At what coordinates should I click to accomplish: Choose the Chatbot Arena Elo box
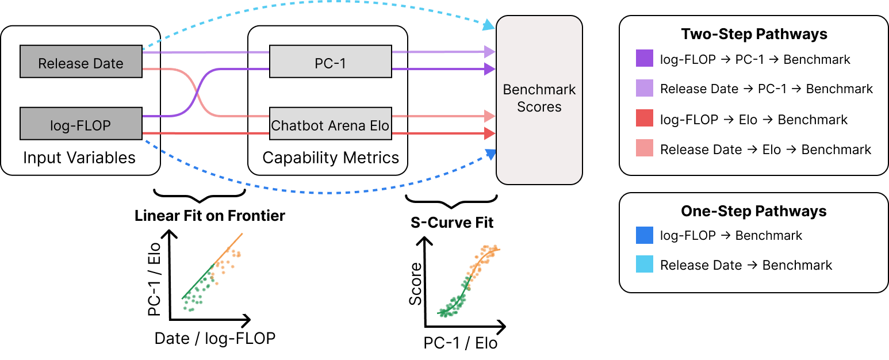pos(331,124)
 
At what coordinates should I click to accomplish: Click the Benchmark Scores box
pos(539,99)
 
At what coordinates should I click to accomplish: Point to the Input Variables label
pos(79,158)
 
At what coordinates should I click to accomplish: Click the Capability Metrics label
pos(331,158)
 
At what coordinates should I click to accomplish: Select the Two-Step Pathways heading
pos(754,34)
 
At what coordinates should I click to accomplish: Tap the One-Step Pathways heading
pos(754,211)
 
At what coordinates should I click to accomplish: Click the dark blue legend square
pos(645,235)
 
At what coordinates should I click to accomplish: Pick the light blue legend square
pos(645,265)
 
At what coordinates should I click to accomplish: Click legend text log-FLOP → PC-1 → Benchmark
pos(755,59)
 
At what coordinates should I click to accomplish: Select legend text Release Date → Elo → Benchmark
pos(765,150)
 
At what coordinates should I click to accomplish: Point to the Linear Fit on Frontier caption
pos(209,216)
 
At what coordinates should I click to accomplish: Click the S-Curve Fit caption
pos(452,223)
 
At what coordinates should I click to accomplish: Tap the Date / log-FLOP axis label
pos(214,338)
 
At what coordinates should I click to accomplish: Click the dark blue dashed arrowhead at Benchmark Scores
pos(490,154)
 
